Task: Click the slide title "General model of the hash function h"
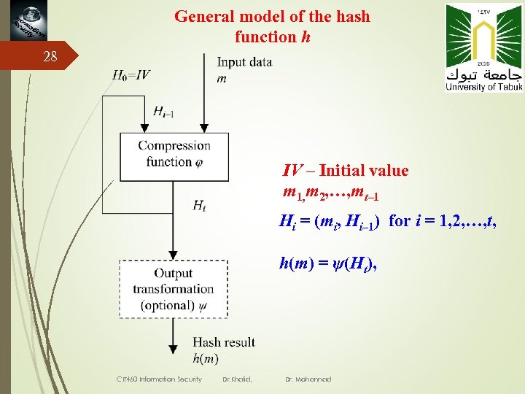coord(272,26)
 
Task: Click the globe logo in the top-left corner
coord(23,22)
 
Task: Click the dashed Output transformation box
coord(174,290)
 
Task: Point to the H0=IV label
coord(132,74)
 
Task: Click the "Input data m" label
coord(244,69)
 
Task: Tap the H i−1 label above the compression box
coord(163,111)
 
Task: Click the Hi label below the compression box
coord(199,206)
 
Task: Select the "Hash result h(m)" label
coord(223,349)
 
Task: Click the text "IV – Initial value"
coord(346,171)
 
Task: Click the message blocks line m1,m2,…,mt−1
coord(330,194)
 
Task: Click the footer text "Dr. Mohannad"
coord(309,379)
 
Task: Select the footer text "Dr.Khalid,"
coord(237,379)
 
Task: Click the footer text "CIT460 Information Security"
coord(160,379)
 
